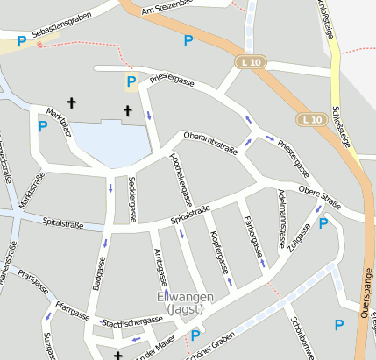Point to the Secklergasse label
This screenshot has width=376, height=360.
(x=132, y=194)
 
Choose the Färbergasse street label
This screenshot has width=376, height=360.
(x=253, y=234)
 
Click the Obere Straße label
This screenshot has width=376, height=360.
(x=319, y=194)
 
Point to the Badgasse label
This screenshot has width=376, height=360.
(x=98, y=272)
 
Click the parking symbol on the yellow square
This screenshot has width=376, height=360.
(x=131, y=82)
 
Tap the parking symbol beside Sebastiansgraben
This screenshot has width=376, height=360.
(x=21, y=40)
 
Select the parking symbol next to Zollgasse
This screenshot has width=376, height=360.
(x=323, y=223)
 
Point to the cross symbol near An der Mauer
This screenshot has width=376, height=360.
(x=118, y=355)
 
